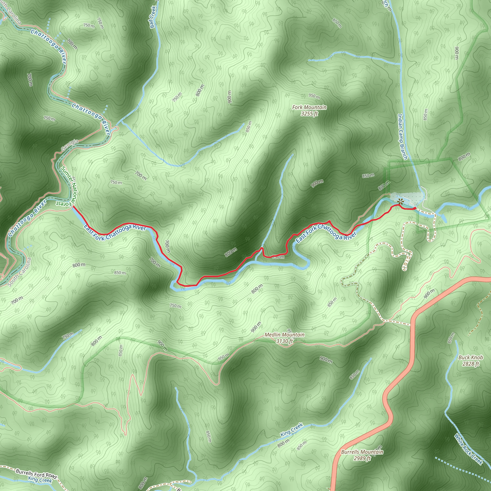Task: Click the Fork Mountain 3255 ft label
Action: point(309,110)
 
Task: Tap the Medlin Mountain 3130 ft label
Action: point(284,338)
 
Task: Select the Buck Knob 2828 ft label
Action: point(470,360)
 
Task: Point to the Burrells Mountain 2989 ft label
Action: point(362,455)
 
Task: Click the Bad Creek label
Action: point(153,17)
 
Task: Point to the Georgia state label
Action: point(70,145)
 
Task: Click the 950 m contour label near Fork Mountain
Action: point(314,96)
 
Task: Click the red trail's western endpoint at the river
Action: point(73,207)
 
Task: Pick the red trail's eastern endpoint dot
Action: point(415,208)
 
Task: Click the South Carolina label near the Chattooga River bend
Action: point(20,272)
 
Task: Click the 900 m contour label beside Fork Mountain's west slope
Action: point(229,97)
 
